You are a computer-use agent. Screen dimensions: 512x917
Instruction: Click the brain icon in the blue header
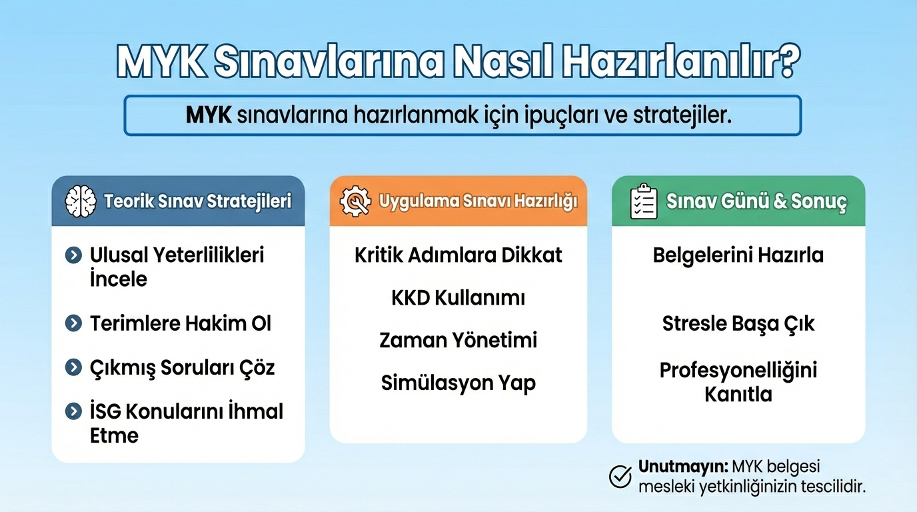81,201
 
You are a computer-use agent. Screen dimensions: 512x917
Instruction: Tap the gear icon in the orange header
355,201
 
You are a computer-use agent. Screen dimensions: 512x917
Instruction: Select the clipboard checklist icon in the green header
643,201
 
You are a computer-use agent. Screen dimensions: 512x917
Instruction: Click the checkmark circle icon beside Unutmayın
620,476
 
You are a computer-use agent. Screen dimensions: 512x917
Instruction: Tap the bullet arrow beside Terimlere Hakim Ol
73,324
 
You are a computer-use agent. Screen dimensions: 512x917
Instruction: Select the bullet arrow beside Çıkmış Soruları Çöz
73,367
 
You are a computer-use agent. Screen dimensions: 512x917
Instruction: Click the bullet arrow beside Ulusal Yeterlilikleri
73,255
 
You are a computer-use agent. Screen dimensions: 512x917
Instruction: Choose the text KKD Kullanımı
458,298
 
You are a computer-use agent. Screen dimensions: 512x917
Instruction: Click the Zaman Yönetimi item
458,340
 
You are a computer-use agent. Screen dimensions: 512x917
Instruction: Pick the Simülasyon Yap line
458,383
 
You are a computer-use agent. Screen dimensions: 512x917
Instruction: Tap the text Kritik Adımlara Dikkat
458,255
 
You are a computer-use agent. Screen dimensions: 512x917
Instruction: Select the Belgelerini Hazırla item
738,255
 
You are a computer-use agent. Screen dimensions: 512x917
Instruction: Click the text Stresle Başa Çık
738,324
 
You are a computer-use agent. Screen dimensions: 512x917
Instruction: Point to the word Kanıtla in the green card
738,395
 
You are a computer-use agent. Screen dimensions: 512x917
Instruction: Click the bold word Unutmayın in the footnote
683,466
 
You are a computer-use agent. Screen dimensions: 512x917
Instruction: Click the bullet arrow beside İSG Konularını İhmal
73,411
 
